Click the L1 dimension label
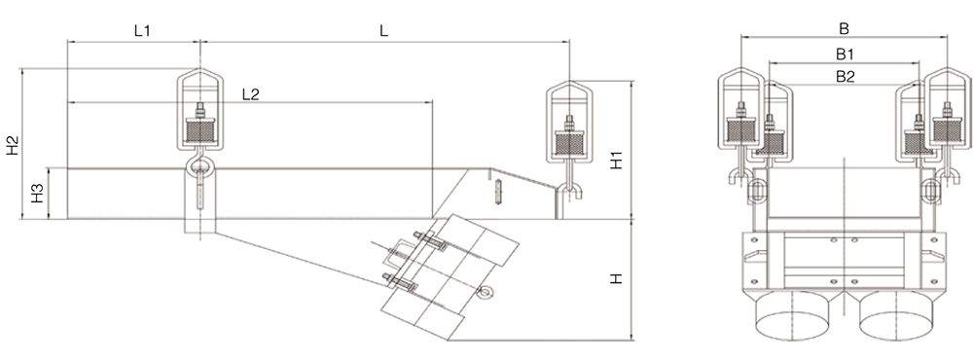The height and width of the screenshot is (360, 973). tap(143, 30)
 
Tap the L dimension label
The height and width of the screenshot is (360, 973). tap(384, 30)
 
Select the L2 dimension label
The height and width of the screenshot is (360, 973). tap(251, 94)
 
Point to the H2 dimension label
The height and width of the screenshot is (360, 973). tap(14, 145)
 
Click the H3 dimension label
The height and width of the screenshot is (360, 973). tap(37, 193)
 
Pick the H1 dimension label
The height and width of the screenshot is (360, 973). tap(616, 160)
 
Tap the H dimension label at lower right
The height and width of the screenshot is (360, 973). tap(616, 279)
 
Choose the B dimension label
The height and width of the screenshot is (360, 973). tap(844, 28)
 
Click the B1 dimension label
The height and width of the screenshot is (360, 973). tap(845, 54)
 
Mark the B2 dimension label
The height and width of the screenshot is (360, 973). tap(846, 76)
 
